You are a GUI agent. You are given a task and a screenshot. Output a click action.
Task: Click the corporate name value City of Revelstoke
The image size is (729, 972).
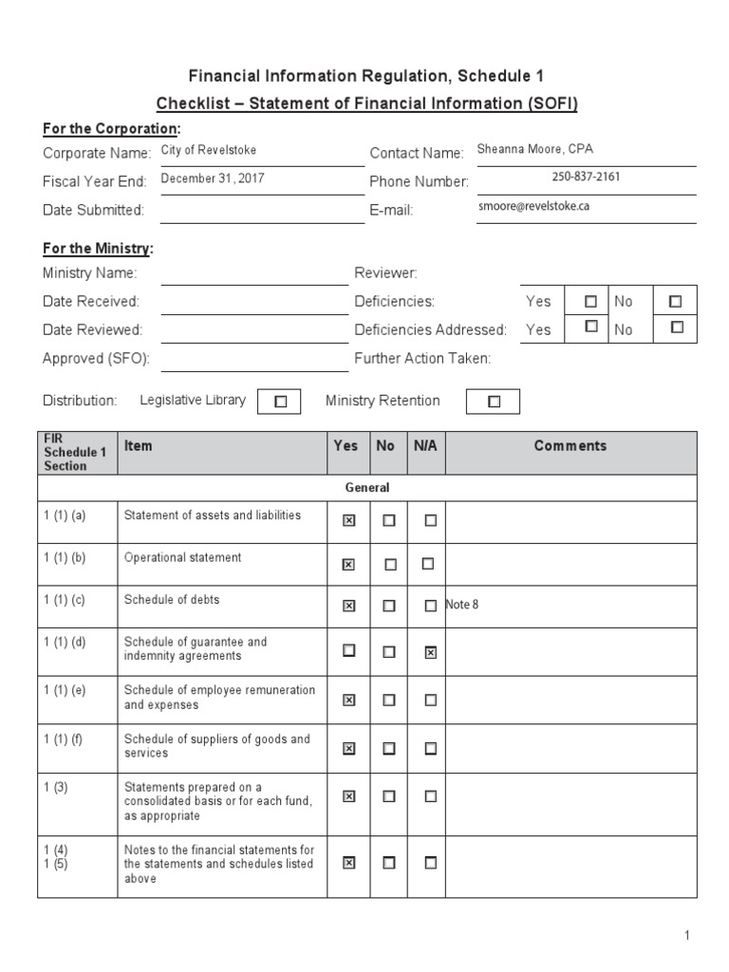[x=208, y=150]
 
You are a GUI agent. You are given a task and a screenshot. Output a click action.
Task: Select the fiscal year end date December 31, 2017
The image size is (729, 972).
[x=213, y=178]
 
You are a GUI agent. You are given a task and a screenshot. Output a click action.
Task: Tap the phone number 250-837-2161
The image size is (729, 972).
[x=587, y=178]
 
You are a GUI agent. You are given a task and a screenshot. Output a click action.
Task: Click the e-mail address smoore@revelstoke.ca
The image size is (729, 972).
[x=533, y=206]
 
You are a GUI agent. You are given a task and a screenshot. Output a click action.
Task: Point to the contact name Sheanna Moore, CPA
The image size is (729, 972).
[x=535, y=150]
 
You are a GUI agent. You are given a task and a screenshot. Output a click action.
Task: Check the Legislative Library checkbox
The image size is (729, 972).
[x=280, y=402]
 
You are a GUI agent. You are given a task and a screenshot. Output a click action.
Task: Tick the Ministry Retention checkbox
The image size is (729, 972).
[x=494, y=402]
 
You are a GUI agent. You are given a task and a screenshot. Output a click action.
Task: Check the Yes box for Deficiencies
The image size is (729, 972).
[x=590, y=301]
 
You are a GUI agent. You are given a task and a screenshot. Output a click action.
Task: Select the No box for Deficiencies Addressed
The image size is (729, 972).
[x=676, y=327]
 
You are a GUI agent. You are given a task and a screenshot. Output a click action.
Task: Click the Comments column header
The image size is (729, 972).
[x=570, y=445]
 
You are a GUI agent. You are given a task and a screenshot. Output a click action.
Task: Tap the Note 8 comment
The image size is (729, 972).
[x=462, y=605]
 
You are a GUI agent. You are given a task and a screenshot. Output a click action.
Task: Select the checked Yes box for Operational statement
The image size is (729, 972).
[x=348, y=564]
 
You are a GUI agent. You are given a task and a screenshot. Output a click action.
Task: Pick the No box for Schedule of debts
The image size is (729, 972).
[x=388, y=606]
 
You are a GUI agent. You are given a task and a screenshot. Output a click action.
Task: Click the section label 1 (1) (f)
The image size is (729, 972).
[x=65, y=738]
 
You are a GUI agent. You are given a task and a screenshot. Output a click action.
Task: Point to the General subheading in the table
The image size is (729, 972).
[x=367, y=487]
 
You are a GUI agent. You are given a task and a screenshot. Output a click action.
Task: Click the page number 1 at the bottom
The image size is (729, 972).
[x=687, y=936]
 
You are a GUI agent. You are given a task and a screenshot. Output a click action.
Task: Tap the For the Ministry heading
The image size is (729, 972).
[x=98, y=249]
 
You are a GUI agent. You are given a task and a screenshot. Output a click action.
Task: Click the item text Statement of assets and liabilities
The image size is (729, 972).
[x=213, y=515]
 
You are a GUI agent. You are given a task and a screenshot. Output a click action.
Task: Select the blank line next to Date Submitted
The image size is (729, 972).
[x=253, y=211]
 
